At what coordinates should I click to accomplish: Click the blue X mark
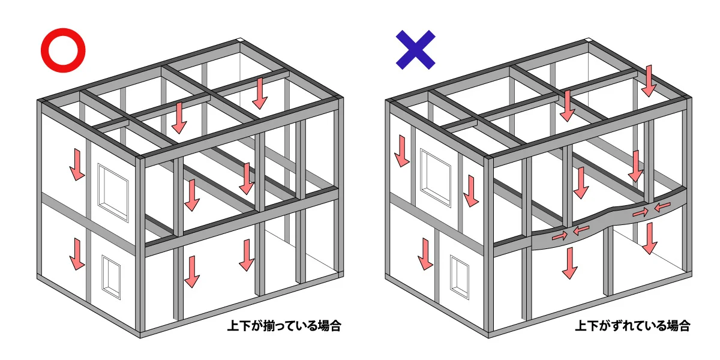point(416,50)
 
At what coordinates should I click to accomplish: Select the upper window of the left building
point(113,193)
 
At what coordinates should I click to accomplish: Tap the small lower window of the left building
point(111,277)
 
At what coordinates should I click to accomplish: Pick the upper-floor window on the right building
point(436,178)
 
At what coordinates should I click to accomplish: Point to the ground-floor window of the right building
point(460,277)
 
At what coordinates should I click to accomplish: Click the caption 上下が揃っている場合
point(284,326)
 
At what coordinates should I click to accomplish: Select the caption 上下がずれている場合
point(632,326)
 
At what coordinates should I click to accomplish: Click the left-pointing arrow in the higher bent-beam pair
point(662,206)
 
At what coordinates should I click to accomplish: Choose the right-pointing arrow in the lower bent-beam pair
point(560,236)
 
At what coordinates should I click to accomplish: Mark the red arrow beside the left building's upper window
point(77,164)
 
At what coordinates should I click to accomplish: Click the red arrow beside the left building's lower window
point(77,254)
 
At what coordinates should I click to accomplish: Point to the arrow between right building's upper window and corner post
point(471,191)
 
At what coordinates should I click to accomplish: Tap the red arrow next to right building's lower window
point(425,254)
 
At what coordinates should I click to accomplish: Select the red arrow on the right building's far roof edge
point(649,81)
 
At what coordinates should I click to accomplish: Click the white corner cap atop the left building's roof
point(240,40)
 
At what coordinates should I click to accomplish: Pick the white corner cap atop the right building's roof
point(589,40)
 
